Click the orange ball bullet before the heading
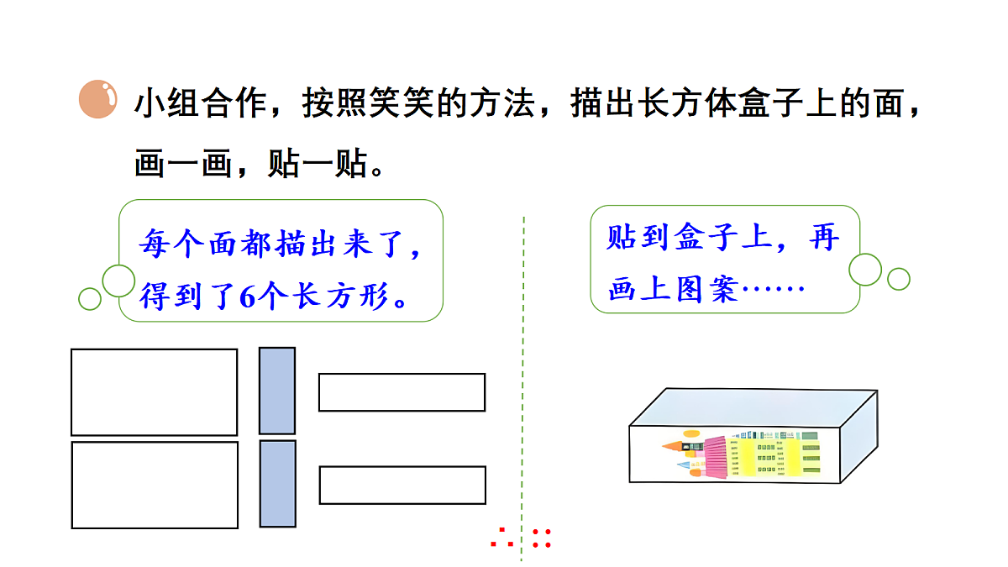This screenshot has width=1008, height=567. point(98,99)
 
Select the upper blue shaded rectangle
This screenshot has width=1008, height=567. point(277,391)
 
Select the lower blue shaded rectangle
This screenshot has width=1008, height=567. point(278,484)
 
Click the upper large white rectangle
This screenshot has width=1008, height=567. point(154,392)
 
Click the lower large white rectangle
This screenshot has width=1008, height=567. point(155,486)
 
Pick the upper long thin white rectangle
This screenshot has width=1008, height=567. point(402,392)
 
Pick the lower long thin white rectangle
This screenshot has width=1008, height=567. point(402,486)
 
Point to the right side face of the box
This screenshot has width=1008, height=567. point(859,437)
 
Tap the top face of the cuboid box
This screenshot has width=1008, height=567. point(753,407)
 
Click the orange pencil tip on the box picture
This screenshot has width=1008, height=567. point(672,446)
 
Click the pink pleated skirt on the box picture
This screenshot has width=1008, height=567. point(716,457)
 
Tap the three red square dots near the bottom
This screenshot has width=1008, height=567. point(502,538)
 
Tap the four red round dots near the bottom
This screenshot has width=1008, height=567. point(541,538)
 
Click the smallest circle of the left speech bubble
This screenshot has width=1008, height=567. point(90,299)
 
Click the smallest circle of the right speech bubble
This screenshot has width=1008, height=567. point(899,279)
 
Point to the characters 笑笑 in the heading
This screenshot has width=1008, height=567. point(402,103)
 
